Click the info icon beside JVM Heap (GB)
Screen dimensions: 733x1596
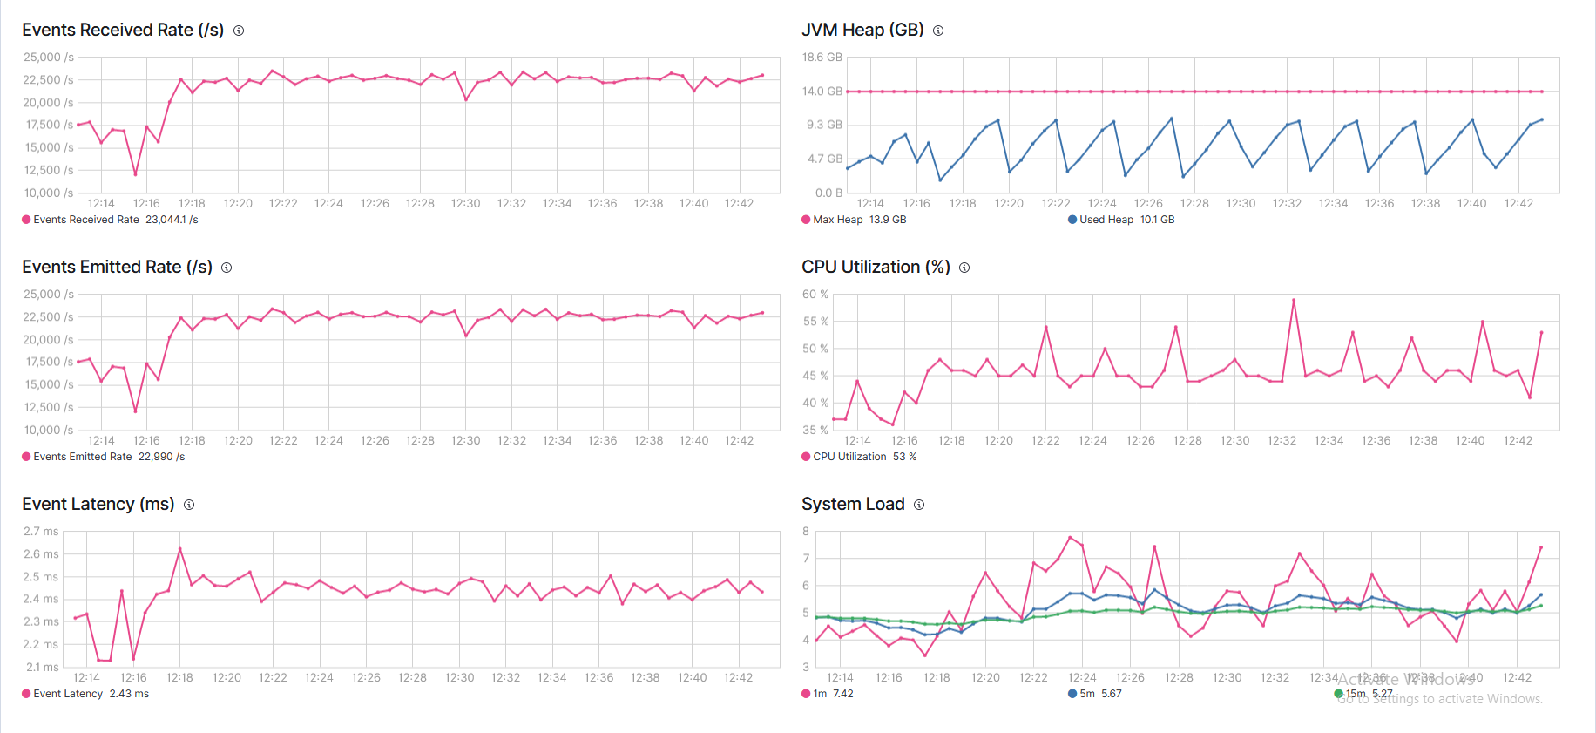(938, 31)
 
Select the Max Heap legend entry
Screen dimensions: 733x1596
(837, 220)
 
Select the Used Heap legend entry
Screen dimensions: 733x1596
(1106, 220)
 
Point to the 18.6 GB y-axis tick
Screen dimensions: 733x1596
(822, 58)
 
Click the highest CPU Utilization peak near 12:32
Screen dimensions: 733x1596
(1294, 300)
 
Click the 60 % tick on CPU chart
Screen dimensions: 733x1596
(815, 295)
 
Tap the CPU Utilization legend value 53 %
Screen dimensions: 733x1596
(904, 457)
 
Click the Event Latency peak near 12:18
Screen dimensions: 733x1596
(180, 548)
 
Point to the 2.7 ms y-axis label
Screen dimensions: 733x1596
(41, 532)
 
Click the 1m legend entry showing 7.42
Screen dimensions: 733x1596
(833, 694)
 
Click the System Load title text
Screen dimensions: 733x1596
(853, 504)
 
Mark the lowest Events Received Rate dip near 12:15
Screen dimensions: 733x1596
(135, 174)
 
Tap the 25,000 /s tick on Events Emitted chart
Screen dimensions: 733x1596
(48, 295)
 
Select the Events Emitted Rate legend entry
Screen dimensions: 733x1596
(82, 457)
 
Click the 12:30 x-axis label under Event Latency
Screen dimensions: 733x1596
(459, 677)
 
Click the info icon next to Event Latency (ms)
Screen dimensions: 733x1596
(189, 505)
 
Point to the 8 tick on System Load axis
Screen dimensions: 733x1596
(806, 532)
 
